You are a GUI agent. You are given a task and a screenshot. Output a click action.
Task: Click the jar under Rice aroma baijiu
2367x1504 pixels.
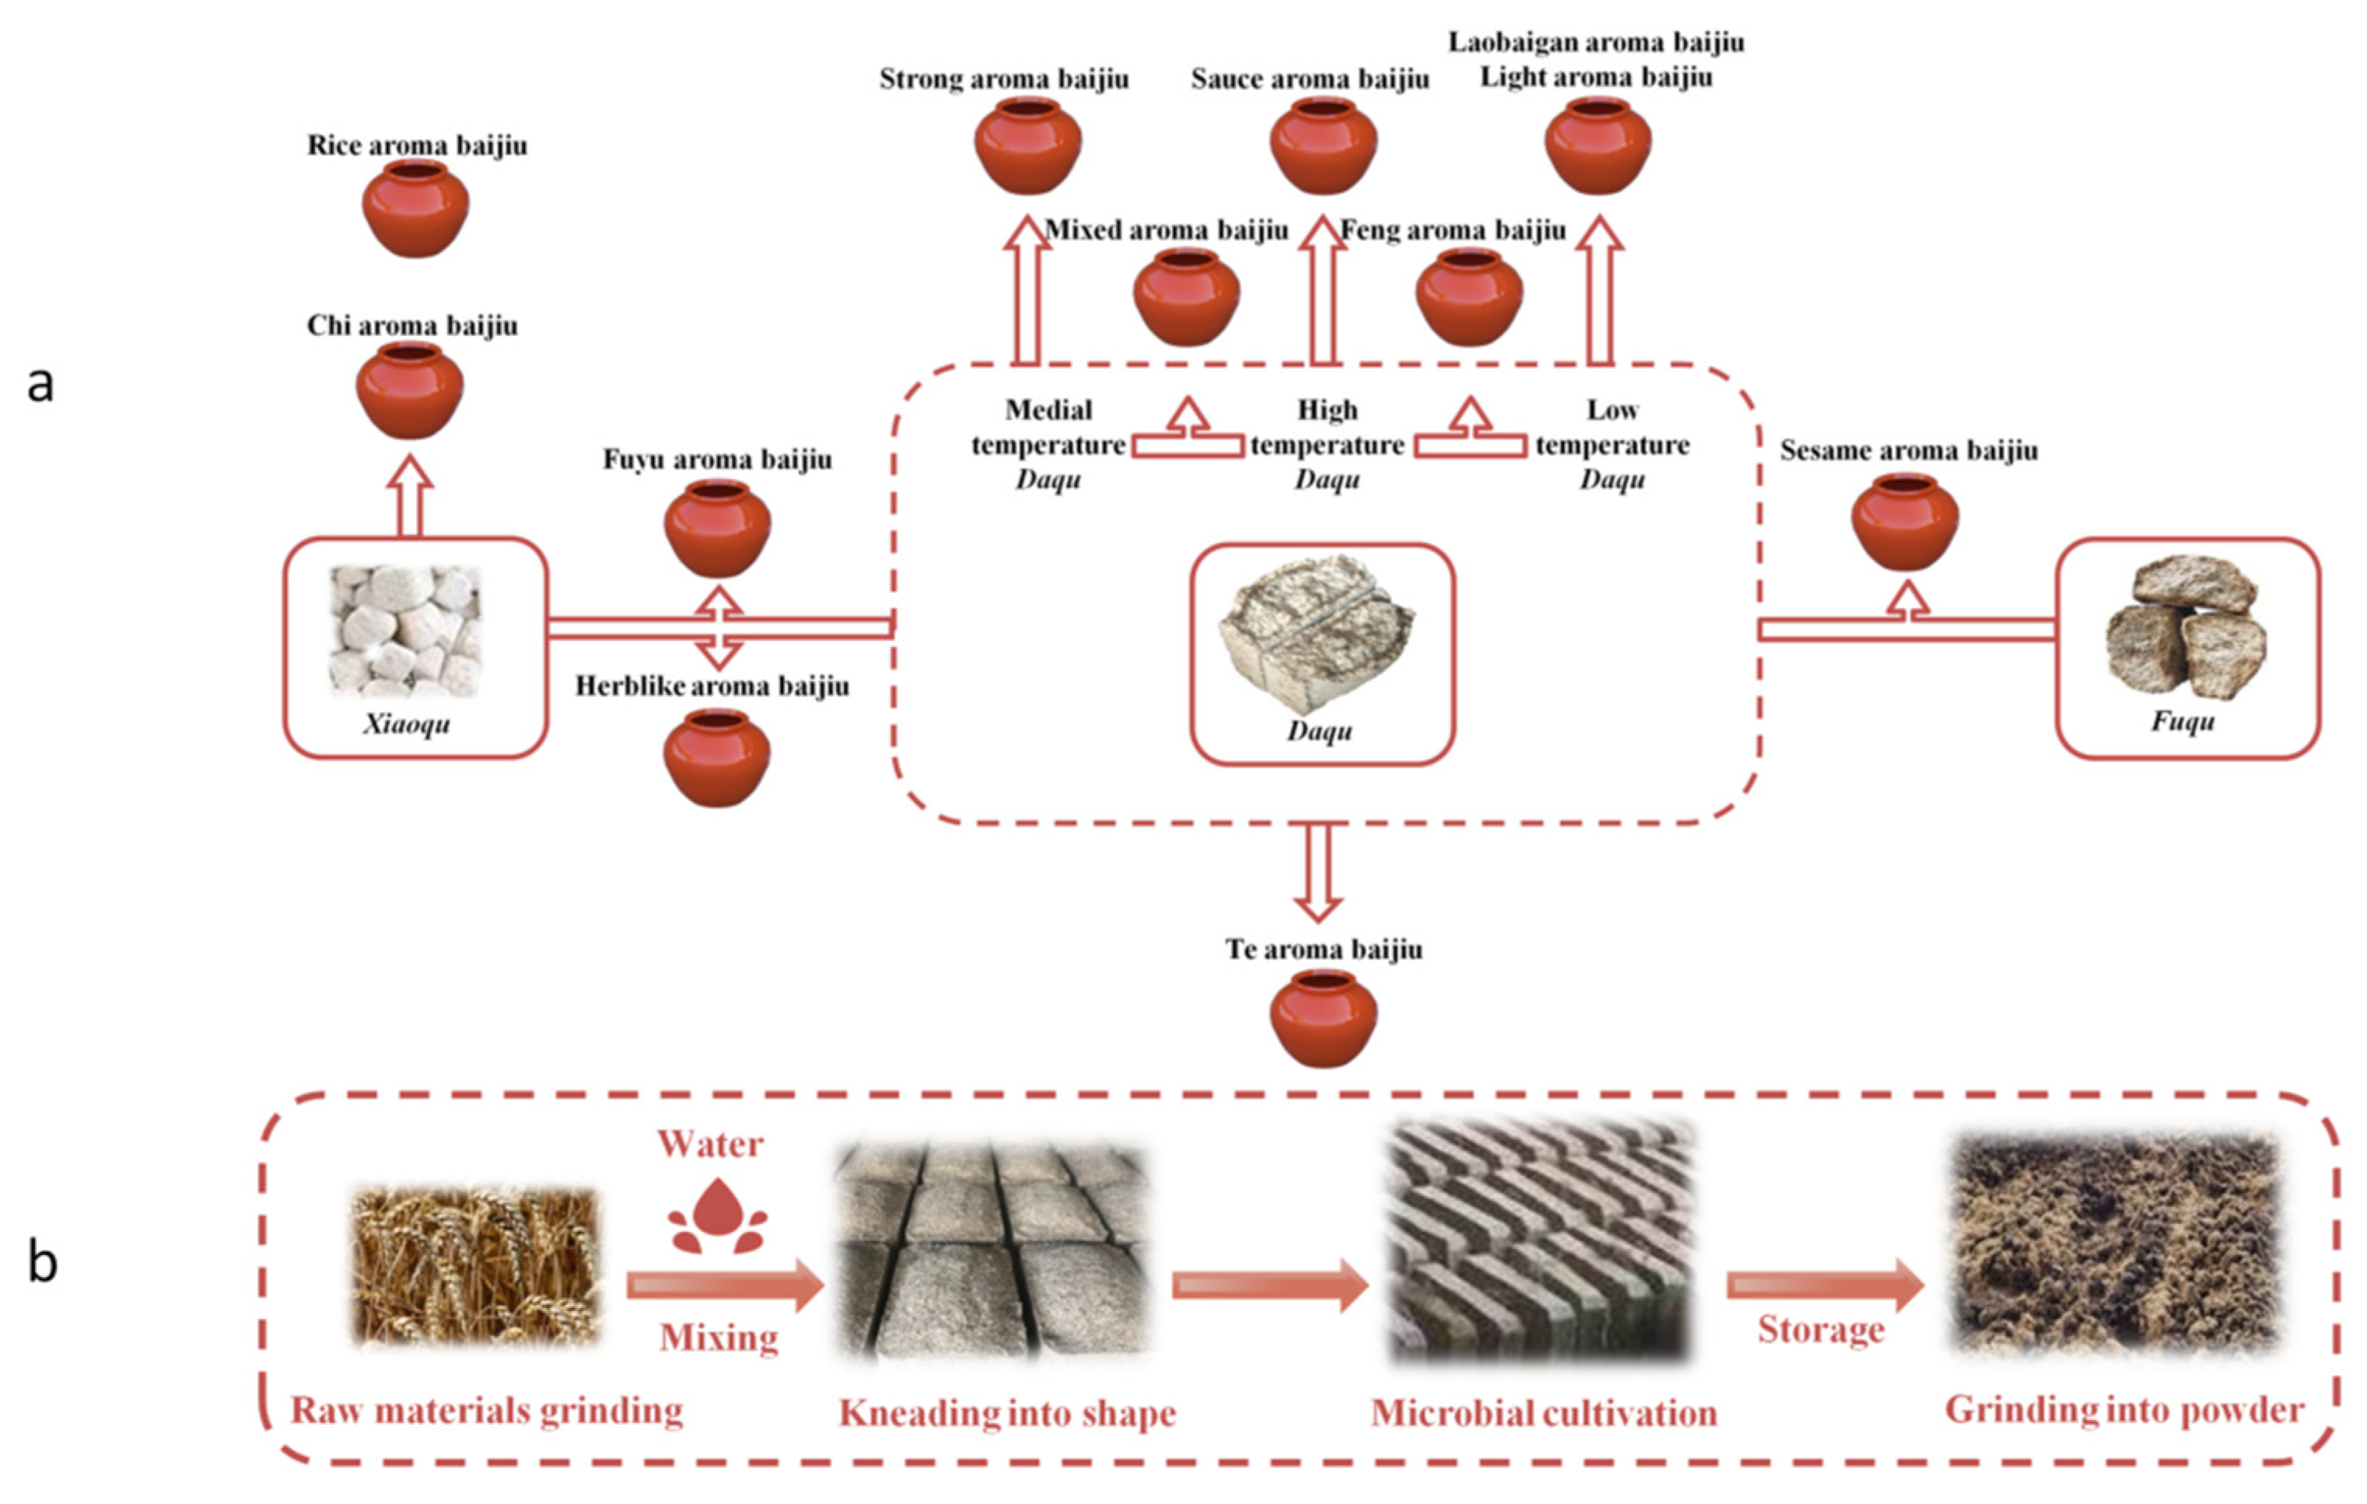(414, 208)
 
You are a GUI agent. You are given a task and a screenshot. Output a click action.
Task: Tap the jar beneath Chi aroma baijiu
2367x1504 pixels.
(409, 390)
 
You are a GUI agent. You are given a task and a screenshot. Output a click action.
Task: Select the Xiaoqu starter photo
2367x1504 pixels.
(405, 631)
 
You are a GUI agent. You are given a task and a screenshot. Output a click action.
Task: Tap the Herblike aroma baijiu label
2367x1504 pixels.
(711, 686)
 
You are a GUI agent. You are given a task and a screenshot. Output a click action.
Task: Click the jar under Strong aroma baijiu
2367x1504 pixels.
(1027, 145)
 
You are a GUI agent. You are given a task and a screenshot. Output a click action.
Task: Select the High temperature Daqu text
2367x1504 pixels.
(1327, 444)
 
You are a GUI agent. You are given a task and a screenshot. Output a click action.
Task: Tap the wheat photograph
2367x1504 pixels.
(476, 1266)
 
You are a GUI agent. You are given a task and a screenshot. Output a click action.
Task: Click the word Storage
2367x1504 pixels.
(1820, 1330)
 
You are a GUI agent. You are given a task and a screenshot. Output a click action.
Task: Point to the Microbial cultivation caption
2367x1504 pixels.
(1544, 1414)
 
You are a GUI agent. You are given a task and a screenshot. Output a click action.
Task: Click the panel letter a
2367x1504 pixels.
(40, 383)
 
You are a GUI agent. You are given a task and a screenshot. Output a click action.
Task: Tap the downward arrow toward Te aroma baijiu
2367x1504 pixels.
(1318, 871)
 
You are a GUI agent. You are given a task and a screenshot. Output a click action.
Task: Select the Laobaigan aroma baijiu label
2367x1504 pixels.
(1596, 42)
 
